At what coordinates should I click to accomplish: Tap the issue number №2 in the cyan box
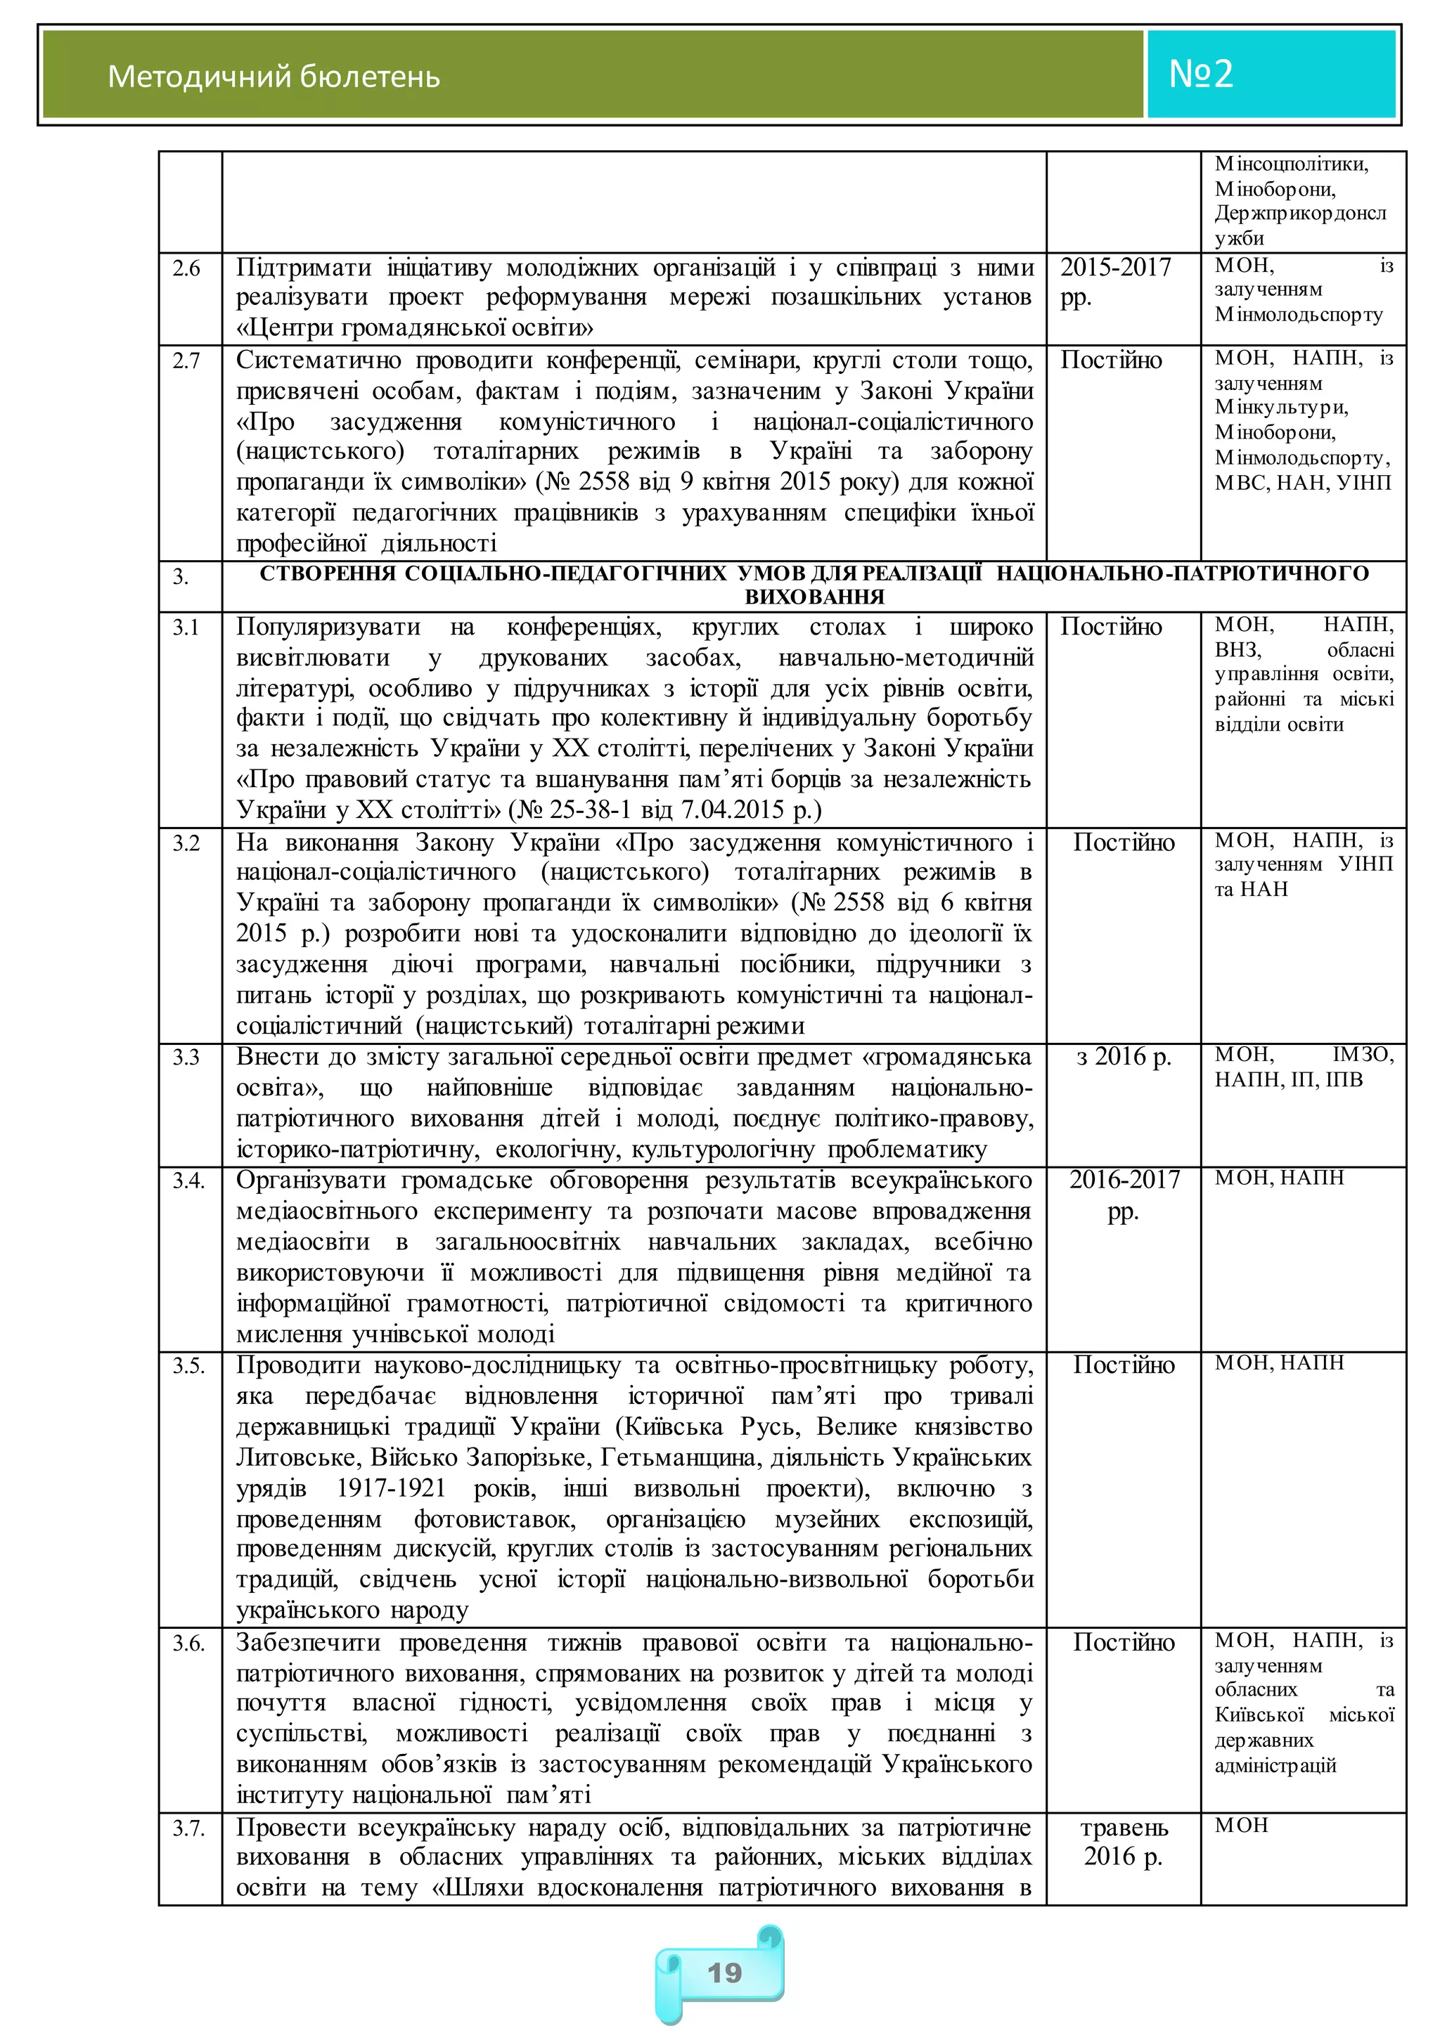(1201, 74)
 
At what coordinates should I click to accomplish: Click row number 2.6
(186, 268)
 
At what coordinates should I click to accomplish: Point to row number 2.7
(186, 360)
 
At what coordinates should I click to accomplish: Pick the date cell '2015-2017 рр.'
(1115, 282)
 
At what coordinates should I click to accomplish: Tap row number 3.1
(186, 628)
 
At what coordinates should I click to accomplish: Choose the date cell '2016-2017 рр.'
(1124, 1195)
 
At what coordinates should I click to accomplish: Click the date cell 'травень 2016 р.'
(1124, 1842)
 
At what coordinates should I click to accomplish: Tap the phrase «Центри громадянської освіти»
(415, 328)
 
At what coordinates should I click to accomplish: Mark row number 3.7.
(188, 1828)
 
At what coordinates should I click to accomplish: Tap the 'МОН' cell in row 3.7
(1242, 1826)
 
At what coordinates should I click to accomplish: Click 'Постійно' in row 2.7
(1111, 360)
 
